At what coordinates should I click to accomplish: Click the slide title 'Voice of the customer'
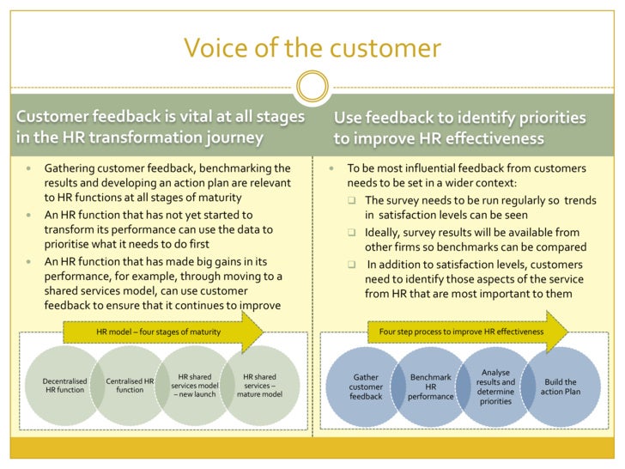(312, 47)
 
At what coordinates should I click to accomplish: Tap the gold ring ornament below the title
(312, 86)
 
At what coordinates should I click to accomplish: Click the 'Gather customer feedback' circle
(367, 387)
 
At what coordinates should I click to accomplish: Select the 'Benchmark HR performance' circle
(430, 387)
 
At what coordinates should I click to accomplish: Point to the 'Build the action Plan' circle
(560, 387)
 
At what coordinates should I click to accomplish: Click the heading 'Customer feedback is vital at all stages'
(160, 116)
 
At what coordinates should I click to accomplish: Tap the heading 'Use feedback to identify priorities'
(459, 117)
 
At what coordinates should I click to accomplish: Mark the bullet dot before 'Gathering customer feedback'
(27, 168)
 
